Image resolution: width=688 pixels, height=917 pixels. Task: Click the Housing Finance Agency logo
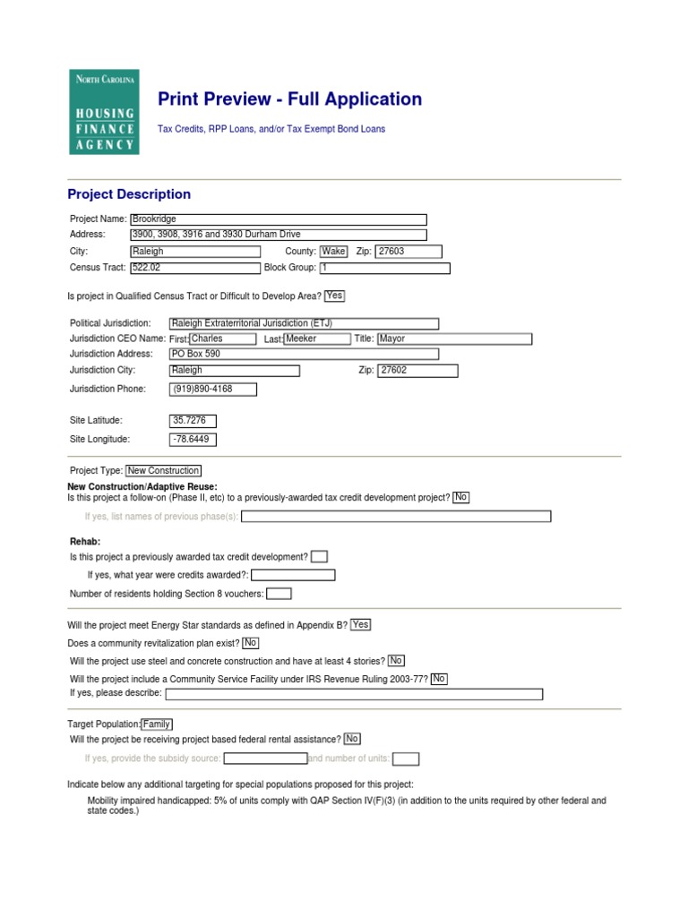[x=104, y=111]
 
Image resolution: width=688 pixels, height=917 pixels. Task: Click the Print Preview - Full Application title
[x=289, y=99]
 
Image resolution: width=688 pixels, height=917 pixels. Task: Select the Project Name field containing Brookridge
[x=278, y=219]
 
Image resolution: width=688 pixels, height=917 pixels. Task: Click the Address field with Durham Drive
[x=278, y=235]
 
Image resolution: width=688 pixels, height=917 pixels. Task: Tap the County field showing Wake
[x=333, y=252]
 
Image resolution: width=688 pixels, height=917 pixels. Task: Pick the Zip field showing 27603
[x=408, y=252]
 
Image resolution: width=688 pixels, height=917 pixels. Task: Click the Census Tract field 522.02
[x=194, y=268]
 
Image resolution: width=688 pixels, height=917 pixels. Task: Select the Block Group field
[x=384, y=268]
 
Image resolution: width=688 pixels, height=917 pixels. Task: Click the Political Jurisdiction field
[x=304, y=323]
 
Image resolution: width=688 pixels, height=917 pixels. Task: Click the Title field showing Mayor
[x=454, y=339]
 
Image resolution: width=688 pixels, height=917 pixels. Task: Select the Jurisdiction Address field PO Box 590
[x=304, y=354]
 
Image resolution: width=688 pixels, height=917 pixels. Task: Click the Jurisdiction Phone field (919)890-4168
[x=213, y=389]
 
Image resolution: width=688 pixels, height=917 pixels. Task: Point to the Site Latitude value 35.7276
[x=193, y=420]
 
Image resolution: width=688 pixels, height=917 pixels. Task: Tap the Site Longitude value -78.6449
[x=193, y=439]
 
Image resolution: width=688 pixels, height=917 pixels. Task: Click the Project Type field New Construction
[x=163, y=470]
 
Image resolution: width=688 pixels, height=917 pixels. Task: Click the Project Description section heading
[x=129, y=194]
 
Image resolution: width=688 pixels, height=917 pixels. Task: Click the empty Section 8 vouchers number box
[x=279, y=593]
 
